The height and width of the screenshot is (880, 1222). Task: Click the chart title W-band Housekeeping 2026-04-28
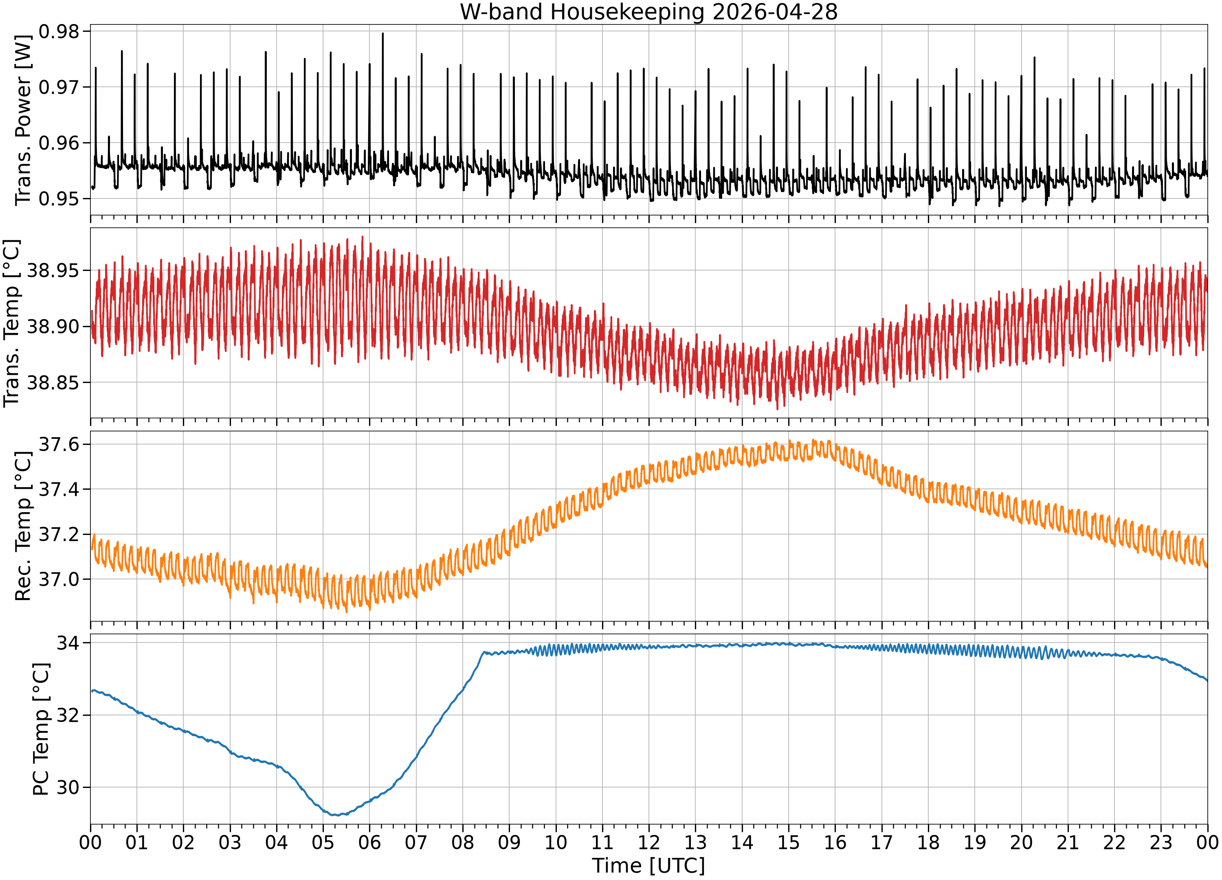click(649, 12)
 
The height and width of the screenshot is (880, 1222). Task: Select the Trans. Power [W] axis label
click(23, 120)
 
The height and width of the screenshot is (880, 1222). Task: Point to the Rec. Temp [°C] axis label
click(23, 526)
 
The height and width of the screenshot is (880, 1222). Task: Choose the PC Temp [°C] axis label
click(41, 730)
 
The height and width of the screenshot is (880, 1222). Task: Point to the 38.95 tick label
click(53, 271)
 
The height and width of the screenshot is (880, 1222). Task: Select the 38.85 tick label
click(53, 383)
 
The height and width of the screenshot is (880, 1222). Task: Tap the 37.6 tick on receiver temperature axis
click(59, 444)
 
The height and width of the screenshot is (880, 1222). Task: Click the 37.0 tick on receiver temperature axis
click(59, 579)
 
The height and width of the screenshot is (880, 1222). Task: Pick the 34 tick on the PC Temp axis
click(68, 643)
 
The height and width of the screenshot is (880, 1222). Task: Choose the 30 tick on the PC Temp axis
click(68, 787)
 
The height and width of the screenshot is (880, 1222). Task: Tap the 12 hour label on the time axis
click(649, 842)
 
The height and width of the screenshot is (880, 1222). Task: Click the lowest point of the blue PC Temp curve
click(335, 815)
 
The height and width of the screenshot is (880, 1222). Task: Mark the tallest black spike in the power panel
click(382, 33)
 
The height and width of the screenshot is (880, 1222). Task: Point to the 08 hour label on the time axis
click(463, 842)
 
